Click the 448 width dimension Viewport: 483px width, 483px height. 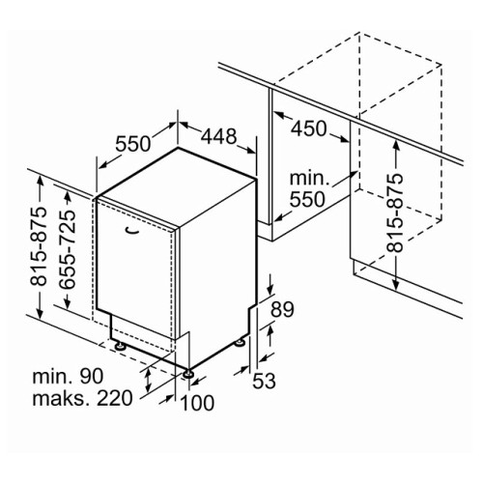pos(219,136)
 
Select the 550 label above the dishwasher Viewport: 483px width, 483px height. pos(133,144)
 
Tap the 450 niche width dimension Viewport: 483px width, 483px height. pos(309,128)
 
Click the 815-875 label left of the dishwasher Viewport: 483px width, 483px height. pos(39,246)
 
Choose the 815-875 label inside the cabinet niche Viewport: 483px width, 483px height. pos(395,213)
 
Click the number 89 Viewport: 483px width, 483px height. pos(282,309)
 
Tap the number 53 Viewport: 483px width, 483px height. pos(264,381)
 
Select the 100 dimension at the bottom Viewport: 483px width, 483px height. pos(197,403)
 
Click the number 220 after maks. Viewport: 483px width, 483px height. pos(115,398)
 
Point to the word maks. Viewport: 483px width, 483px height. pos(62,398)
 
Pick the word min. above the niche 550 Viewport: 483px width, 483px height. pos(310,178)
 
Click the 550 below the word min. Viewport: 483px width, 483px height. pos(307,200)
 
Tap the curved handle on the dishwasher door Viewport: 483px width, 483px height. pos(132,230)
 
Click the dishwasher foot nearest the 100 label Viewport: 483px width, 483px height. pos(188,373)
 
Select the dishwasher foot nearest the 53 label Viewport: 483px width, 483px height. pos(240,343)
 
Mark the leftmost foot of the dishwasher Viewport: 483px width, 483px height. pos(121,346)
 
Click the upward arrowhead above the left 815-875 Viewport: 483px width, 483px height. pos(40,181)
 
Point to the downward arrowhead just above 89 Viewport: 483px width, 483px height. pos(270,289)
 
